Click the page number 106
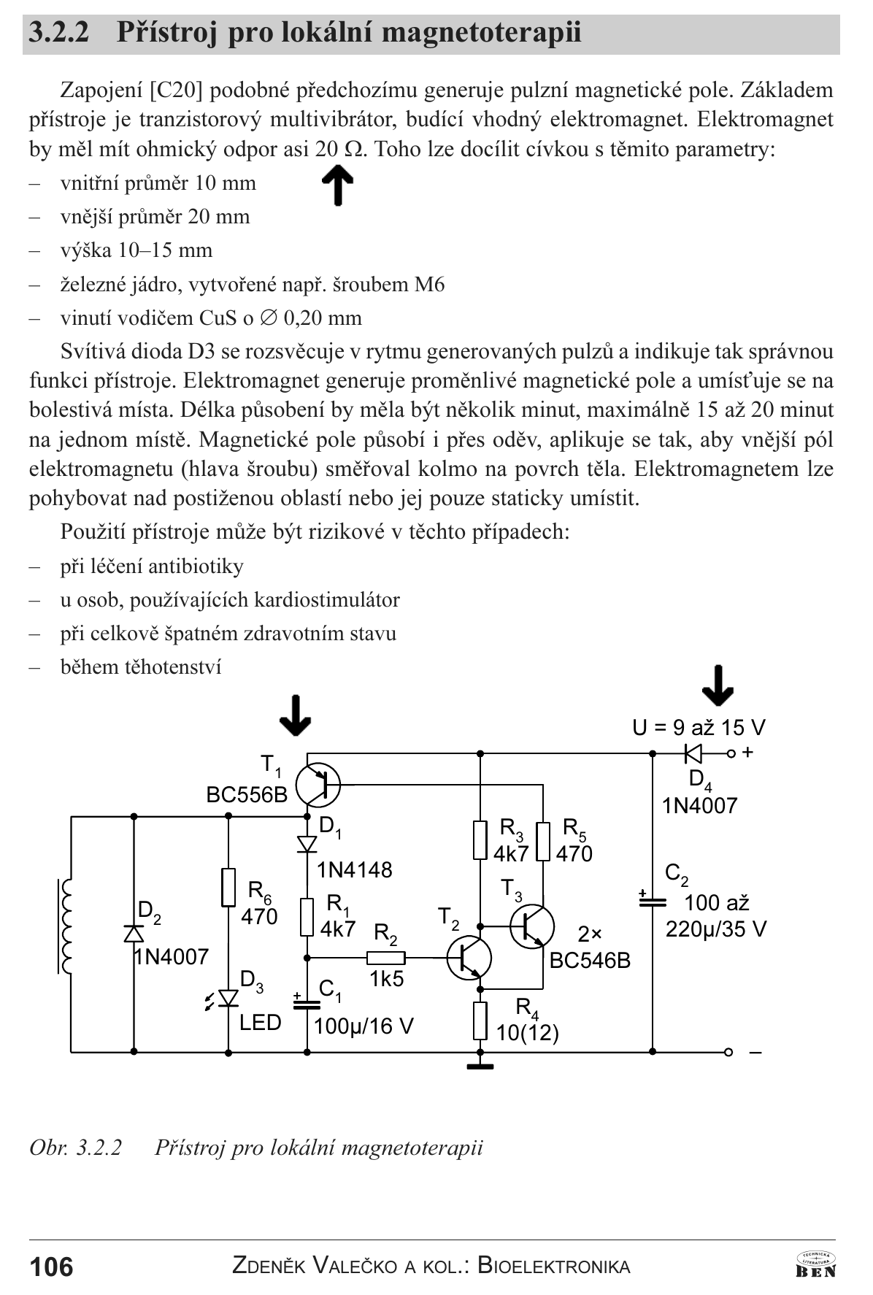[51, 1267]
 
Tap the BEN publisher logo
[816, 1264]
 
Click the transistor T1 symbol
[318, 785]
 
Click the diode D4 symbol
[692, 753]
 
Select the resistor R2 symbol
[385, 957]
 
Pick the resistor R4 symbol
[480, 1021]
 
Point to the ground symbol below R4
[480, 1067]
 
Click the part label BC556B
[247, 795]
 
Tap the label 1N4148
[355, 870]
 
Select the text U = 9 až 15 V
[699, 728]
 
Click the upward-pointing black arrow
[337, 185]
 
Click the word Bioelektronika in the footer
[554, 1266]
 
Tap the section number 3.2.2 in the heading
[59, 33]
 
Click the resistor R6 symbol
[228, 887]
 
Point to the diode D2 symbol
[134, 934]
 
